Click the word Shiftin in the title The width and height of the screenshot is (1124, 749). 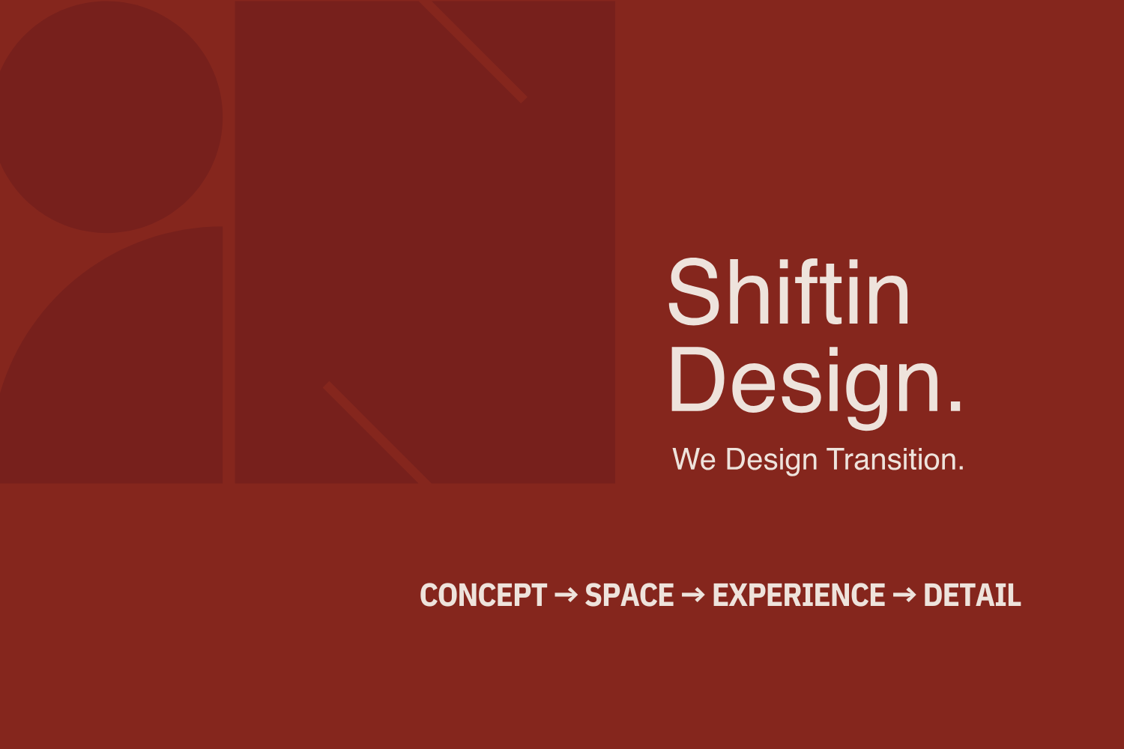pyautogui.click(x=789, y=291)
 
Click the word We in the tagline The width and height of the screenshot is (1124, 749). pyautogui.click(x=694, y=459)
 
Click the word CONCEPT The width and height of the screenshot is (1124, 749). pyautogui.click(x=483, y=595)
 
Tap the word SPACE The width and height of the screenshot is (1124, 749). pyautogui.click(x=629, y=595)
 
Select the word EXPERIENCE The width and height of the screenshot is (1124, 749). pyautogui.click(x=799, y=595)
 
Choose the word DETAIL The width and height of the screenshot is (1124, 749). pyautogui.click(x=972, y=595)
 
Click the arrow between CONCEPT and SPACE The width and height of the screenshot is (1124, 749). pyautogui.click(x=566, y=595)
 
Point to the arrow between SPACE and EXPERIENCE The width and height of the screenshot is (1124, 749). pyautogui.click(x=693, y=595)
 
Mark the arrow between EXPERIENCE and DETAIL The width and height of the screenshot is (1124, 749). pyautogui.click(x=904, y=595)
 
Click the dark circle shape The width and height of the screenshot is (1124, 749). pyautogui.click(x=106, y=116)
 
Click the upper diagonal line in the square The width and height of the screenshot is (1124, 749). pyautogui.click(x=473, y=50)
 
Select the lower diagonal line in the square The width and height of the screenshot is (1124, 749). pyautogui.click(x=378, y=432)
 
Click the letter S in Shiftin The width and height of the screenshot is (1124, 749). pyautogui.click(x=694, y=291)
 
